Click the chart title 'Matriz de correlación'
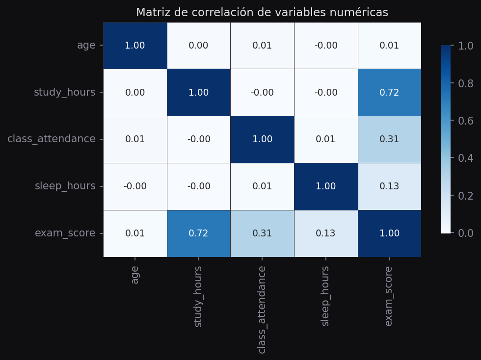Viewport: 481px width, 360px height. tap(262, 13)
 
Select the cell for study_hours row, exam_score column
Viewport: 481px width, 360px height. tap(389, 93)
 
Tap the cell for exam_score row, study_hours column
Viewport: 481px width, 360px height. tap(198, 233)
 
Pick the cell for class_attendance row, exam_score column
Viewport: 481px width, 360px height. tap(389, 139)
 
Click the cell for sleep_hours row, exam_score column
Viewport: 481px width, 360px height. tap(389, 186)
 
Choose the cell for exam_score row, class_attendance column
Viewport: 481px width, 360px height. tap(262, 233)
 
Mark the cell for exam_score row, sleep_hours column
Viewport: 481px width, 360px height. tap(325, 233)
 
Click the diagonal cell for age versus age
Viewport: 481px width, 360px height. tap(135, 46)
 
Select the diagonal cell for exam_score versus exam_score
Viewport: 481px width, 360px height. tap(389, 233)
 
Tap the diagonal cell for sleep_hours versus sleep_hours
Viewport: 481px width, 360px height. tap(325, 186)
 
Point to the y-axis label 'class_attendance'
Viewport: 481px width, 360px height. tap(52, 139)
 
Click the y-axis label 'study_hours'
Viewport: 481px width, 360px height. tap(64, 93)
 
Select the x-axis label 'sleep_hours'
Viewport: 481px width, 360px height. tap(325, 296)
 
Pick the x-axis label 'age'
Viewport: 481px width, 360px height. tap(135, 275)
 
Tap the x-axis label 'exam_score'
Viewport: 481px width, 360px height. tap(389, 296)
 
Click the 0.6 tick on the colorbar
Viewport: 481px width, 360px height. tap(465, 121)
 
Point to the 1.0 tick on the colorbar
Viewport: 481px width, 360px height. tap(465, 46)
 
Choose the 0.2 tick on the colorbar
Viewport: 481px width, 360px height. tap(465, 196)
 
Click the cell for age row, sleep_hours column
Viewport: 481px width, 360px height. tap(325, 46)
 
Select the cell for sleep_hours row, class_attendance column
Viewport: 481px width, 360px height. tap(262, 186)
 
